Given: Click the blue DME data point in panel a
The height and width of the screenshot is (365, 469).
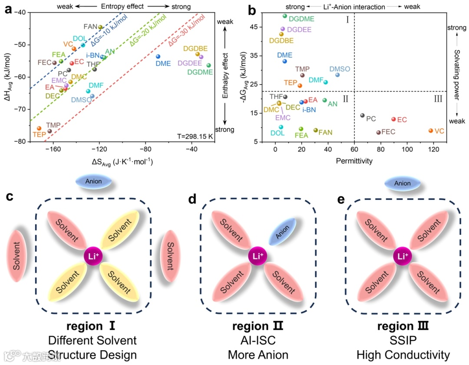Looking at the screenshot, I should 158,56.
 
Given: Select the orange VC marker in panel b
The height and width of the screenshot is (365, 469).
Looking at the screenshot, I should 431,130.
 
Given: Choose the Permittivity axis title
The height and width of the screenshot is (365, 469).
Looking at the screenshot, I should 354,160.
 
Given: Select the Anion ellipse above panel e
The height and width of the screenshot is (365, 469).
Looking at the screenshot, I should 402,183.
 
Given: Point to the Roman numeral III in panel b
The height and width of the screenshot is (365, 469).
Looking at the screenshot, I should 438,99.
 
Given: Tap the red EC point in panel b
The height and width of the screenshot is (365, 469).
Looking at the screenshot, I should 393,119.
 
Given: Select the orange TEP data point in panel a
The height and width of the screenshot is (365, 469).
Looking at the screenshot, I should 39,128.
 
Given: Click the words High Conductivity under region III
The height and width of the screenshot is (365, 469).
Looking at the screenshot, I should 403,355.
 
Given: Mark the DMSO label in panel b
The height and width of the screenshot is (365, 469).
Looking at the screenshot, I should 340,69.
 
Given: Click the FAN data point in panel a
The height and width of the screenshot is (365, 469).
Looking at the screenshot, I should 100,27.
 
